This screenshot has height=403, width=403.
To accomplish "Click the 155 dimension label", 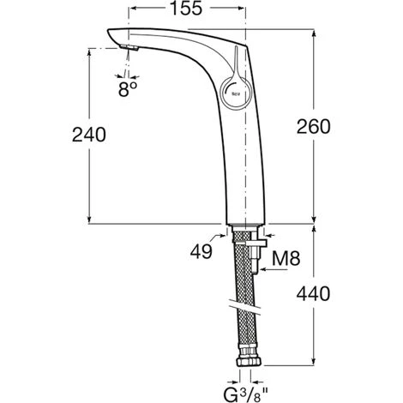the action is pos(186,8).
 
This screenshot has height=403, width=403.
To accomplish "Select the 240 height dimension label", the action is pos(89,135).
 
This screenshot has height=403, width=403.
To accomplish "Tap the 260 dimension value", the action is pos(313,126).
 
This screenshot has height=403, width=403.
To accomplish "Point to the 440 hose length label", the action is pos(313,293).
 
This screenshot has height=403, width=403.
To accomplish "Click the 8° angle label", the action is pos(128,89).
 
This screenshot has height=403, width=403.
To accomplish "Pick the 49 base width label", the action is pos(201,251).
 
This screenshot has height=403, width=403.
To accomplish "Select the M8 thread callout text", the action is pos(286,258).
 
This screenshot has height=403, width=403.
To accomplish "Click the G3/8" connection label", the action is pos(245,394).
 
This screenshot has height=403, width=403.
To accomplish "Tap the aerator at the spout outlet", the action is pos(129,47).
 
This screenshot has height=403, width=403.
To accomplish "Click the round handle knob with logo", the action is pos(236,92).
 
